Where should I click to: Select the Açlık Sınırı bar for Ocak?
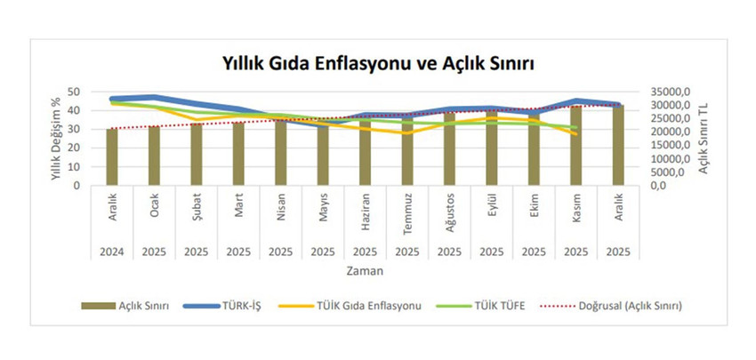[154, 156]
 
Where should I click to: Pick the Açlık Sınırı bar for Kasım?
[575, 147]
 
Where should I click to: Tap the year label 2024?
[112, 251]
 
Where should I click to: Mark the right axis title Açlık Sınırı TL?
[704, 140]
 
